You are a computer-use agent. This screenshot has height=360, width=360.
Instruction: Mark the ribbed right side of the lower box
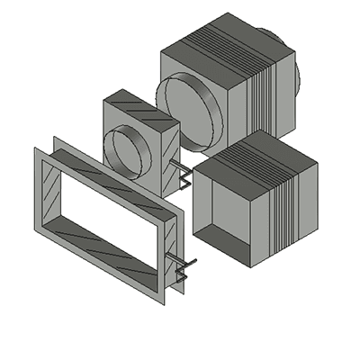[293, 211]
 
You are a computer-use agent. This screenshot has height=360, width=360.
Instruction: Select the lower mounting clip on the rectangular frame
[184, 267]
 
